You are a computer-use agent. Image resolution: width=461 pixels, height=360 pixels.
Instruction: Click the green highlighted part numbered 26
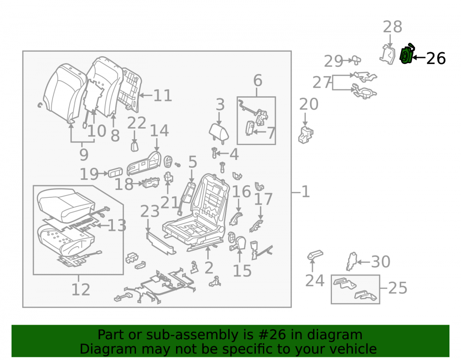tap(407, 54)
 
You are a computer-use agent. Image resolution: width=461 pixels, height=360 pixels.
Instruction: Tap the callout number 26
tap(436, 58)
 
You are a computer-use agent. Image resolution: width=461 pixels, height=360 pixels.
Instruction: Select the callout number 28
tap(392, 27)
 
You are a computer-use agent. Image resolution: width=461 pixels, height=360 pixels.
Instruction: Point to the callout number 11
tap(163, 95)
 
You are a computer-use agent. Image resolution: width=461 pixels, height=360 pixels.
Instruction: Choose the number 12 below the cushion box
tap(81, 290)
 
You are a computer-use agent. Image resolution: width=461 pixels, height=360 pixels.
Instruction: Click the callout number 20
tap(309, 104)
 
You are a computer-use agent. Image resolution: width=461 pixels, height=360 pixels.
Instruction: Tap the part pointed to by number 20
tap(306, 135)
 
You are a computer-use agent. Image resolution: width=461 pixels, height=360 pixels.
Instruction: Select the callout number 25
tap(398, 288)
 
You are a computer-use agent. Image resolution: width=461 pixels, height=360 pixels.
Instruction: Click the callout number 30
tap(380, 261)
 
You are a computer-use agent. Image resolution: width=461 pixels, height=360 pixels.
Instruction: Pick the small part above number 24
tap(315, 255)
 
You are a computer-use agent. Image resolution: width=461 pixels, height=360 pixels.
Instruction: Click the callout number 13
tap(117, 225)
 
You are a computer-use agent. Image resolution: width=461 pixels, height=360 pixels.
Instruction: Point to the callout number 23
tap(150, 211)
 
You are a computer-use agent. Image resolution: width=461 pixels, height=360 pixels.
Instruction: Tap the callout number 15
tap(242, 271)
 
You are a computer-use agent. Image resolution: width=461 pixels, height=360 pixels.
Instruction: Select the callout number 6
tap(258, 81)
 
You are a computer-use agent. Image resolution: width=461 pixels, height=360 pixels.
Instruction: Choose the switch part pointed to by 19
tap(115, 173)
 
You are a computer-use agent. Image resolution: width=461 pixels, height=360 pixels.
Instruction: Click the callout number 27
tap(322, 83)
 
